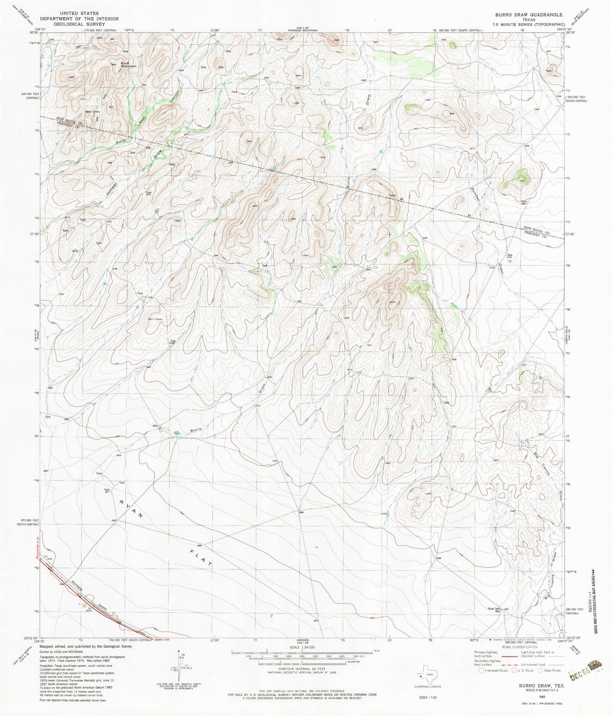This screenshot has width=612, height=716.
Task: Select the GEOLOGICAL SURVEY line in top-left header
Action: [79, 24]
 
